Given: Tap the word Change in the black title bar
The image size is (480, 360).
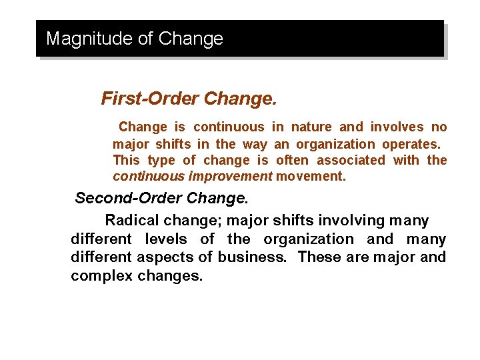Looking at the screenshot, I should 190,39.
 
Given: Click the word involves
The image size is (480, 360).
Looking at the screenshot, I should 398,127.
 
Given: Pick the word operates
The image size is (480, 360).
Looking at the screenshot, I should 411,144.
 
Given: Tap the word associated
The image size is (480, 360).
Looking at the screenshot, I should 351,160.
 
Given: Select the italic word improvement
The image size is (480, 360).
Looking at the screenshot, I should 230,177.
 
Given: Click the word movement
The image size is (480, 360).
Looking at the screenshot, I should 311,177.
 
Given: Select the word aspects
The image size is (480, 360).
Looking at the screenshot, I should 164,257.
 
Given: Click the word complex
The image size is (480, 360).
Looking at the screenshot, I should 101,275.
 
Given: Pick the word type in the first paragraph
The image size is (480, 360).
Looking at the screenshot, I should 161,161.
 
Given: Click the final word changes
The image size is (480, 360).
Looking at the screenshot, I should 169,275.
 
